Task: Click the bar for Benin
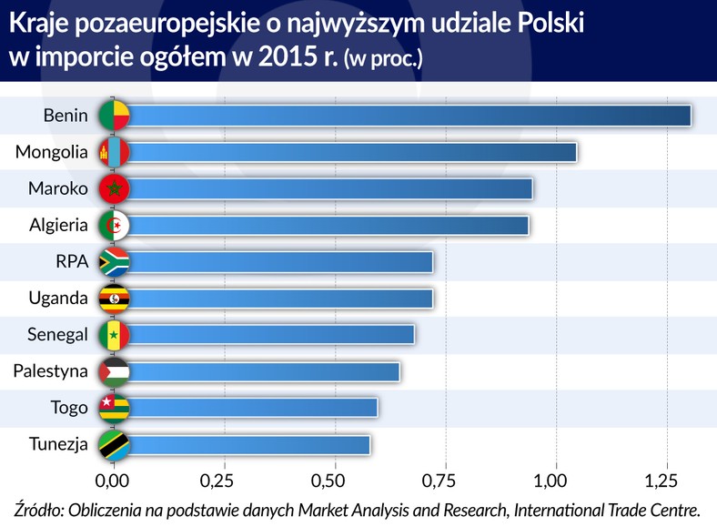pyautogui.click(x=409, y=116)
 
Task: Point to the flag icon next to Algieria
pyautogui.click(x=115, y=225)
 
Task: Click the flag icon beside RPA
pyautogui.click(x=115, y=261)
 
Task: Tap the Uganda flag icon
pyautogui.click(x=115, y=298)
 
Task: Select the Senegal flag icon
pyautogui.click(x=115, y=335)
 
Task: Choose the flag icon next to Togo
pyautogui.click(x=115, y=408)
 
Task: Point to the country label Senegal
pyautogui.click(x=56, y=335)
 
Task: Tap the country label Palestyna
pyautogui.click(x=51, y=371)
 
